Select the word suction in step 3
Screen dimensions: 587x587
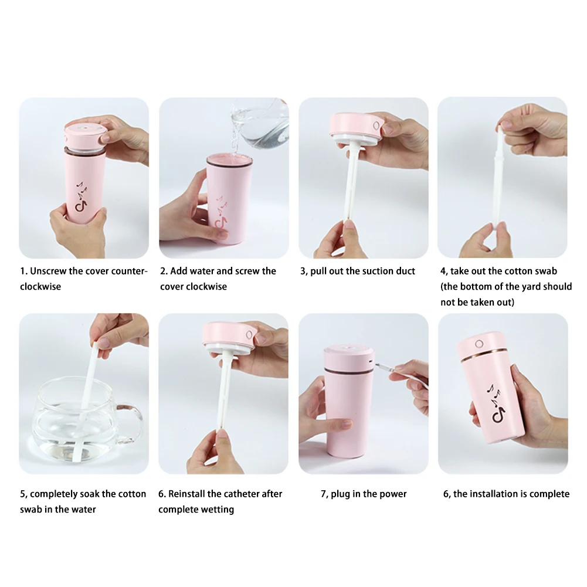(x=363, y=271)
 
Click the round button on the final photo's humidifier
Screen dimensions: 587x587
(x=479, y=344)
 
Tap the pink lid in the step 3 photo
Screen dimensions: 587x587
(x=355, y=125)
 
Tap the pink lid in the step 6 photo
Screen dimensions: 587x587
(x=229, y=335)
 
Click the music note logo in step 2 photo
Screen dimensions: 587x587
(x=222, y=212)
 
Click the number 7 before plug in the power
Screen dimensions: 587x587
(x=324, y=494)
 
